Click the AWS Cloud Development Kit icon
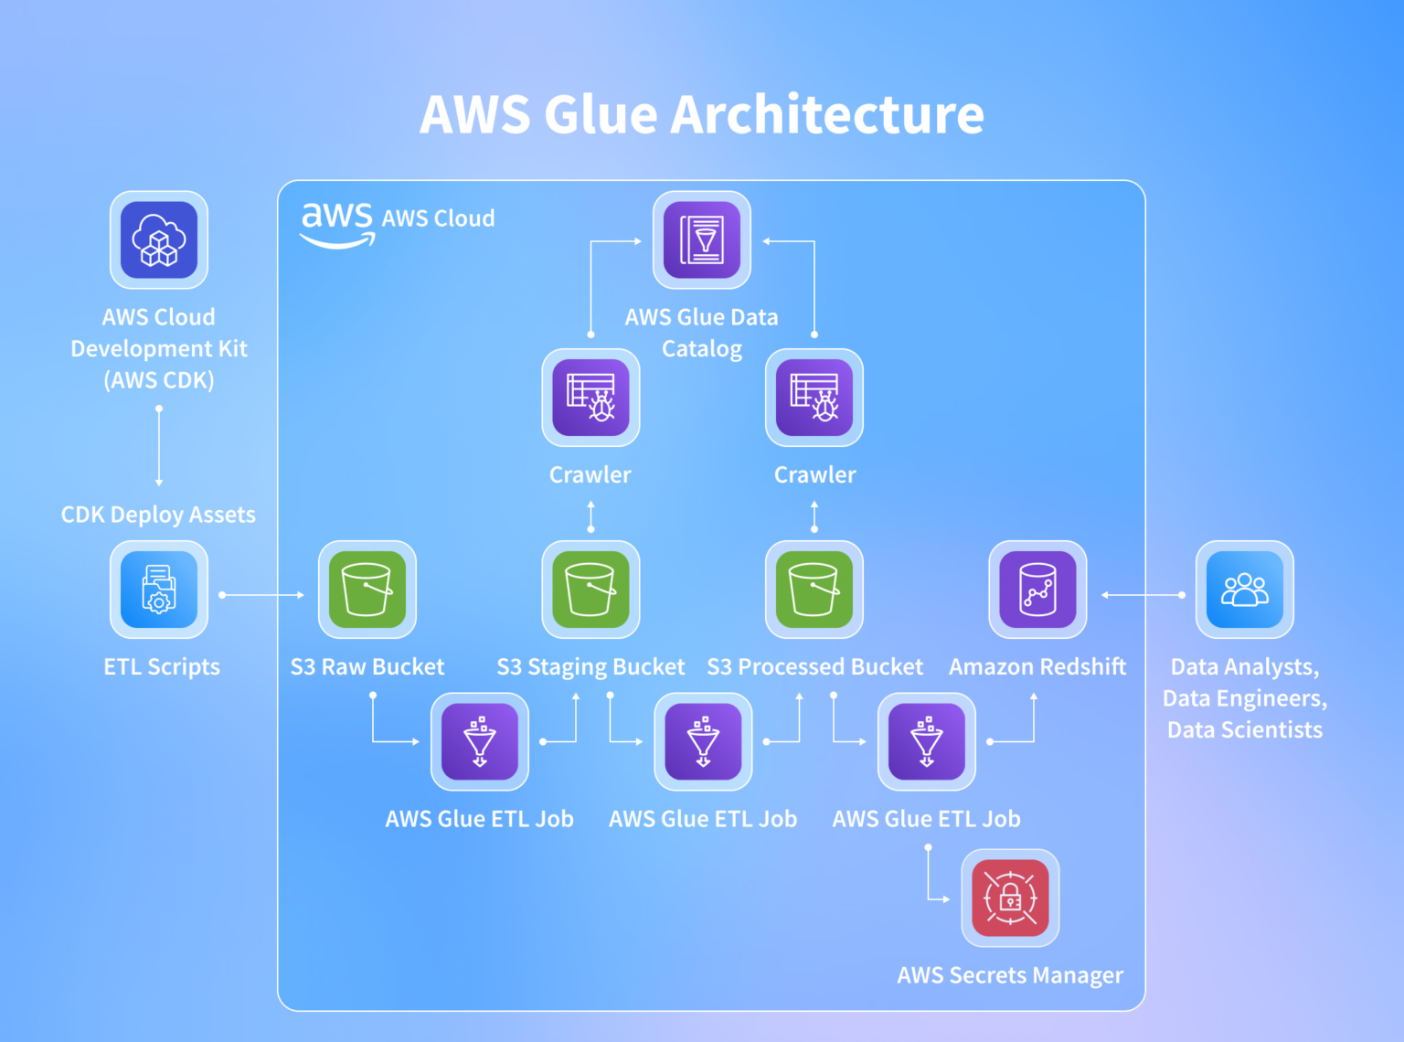click(159, 240)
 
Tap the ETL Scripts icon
click(159, 590)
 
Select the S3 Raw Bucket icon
click(367, 590)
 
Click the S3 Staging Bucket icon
click(590, 590)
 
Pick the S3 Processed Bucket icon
click(814, 590)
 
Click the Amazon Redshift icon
click(1037, 590)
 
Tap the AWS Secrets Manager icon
click(1010, 898)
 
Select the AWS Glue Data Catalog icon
click(701, 240)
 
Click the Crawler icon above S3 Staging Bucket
click(590, 398)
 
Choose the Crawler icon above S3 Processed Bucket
click(814, 398)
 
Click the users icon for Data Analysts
click(1244, 590)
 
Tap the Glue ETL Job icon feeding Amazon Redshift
click(926, 741)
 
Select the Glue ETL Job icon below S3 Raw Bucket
click(479, 741)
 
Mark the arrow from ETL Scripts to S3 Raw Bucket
click(262, 595)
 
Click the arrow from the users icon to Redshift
click(1142, 595)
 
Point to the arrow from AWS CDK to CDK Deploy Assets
click(159, 447)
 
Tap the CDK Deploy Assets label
click(158, 515)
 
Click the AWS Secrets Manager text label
click(1010, 975)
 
